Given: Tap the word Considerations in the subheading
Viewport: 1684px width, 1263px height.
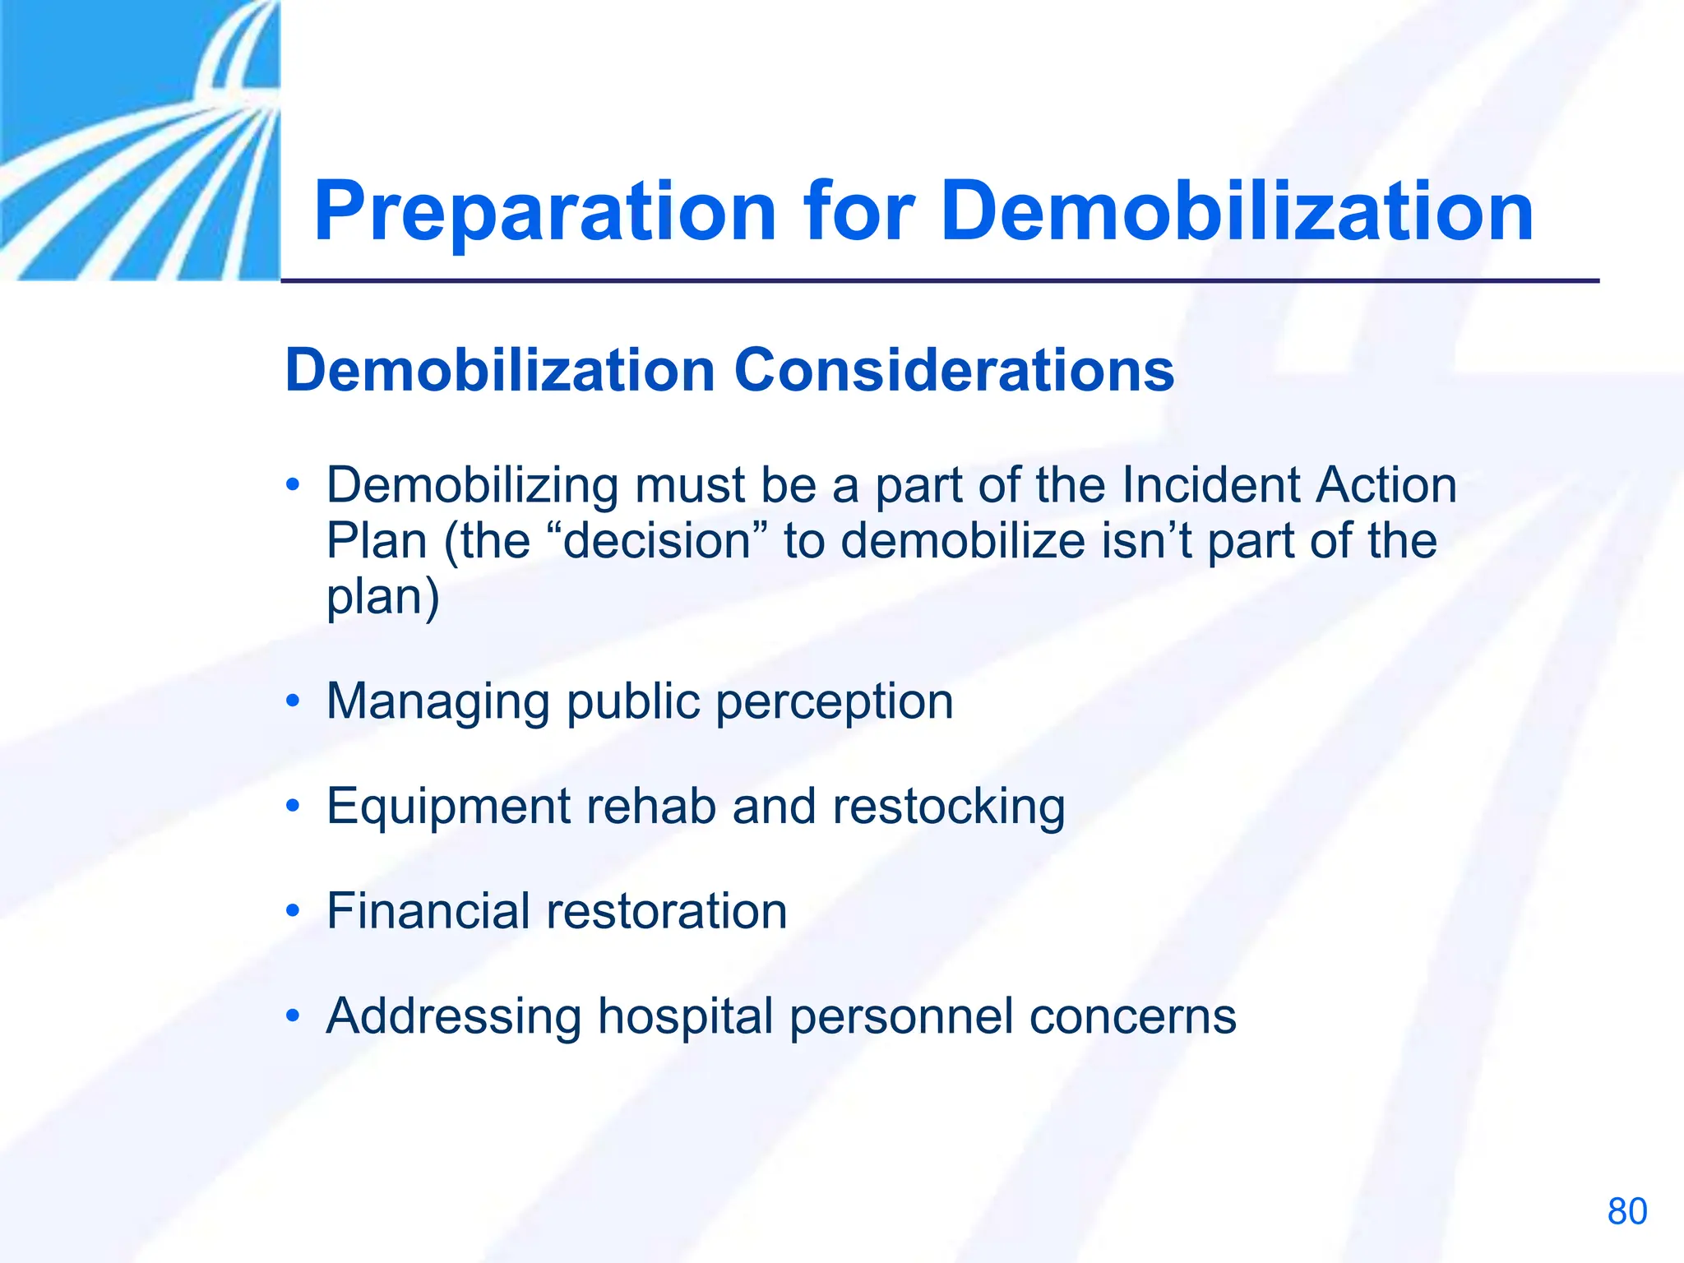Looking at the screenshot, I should coord(954,370).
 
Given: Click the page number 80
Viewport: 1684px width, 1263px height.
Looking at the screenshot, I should coord(1626,1211).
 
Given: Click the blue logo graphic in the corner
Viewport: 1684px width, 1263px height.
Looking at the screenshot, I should coord(140,140).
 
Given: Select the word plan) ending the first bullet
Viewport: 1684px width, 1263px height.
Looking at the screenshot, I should coord(383,596).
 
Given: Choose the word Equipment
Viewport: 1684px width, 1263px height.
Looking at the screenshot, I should coord(448,807).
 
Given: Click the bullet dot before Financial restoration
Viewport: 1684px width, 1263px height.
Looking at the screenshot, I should coord(293,911).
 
